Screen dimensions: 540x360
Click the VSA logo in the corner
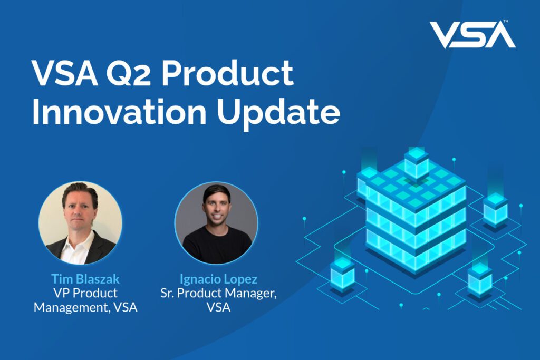(472, 34)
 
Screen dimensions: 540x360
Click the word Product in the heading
(228, 73)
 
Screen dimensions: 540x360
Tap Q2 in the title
(128, 74)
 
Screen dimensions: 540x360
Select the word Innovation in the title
(119, 112)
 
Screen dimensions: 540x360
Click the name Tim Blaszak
(85, 278)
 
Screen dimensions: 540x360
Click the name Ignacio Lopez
(218, 279)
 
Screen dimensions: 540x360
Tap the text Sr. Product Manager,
(218, 293)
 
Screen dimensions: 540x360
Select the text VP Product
(85, 293)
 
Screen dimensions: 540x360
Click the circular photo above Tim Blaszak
(80, 223)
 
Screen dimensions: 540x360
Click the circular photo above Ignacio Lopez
(216, 223)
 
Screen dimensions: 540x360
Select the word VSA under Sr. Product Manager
(218, 307)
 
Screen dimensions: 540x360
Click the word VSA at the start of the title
(65, 74)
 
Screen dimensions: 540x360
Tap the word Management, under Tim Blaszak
(72, 307)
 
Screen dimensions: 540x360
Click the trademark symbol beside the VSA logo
(506, 22)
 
